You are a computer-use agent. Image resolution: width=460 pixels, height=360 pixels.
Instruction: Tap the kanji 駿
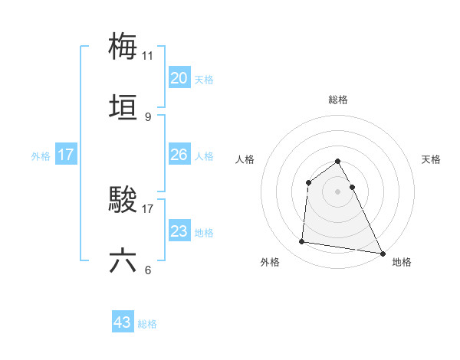point(123,200)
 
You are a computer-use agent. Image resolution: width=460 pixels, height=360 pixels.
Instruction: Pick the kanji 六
point(123,260)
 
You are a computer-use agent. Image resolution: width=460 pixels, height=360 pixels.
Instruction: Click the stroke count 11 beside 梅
point(148,55)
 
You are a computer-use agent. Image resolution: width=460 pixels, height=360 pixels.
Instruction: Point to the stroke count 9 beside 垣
point(148,116)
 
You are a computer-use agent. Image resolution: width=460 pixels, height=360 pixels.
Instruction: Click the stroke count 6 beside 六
point(148,270)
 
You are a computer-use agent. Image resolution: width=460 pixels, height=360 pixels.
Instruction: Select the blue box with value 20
point(179,78)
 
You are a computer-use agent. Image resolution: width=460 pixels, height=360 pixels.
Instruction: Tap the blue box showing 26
point(179,155)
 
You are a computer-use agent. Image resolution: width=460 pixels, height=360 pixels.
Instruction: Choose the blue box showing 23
point(179,231)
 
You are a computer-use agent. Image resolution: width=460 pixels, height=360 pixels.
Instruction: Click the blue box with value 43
point(123,322)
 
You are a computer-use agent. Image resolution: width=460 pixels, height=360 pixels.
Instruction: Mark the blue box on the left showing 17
point(66,155)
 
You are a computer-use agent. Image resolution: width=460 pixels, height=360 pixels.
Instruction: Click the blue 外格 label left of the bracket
point(41,156)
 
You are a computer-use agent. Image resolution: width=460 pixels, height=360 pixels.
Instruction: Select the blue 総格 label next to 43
point(147,324)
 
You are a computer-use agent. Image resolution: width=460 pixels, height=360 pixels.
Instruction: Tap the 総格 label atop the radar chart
point(338,100)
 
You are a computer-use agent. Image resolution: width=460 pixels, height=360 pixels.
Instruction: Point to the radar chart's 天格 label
point(431,159)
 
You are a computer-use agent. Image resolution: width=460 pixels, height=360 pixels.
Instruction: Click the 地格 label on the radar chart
point(402,262)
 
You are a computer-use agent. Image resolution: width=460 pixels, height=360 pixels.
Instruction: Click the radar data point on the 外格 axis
point(302,242)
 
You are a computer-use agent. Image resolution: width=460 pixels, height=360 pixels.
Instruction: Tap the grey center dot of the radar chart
point(338,191)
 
